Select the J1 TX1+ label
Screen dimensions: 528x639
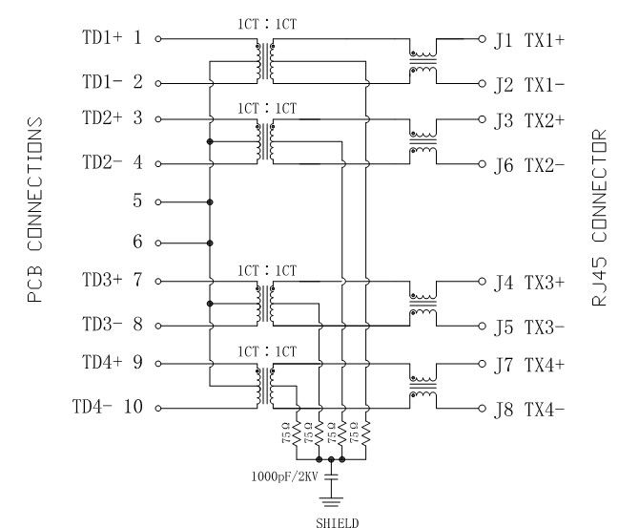(529, 40)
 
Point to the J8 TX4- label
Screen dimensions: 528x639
(529, 411)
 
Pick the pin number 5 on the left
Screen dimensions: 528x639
(137, 202)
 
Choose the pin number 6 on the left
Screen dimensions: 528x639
(137, 243)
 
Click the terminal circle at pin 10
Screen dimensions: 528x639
(158, 409)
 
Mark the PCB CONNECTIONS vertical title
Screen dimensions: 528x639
(35, 210)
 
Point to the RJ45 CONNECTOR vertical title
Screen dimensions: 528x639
(599, 218)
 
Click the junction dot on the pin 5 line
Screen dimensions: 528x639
(209, 202)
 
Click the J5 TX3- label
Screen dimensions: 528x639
(529, 327)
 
